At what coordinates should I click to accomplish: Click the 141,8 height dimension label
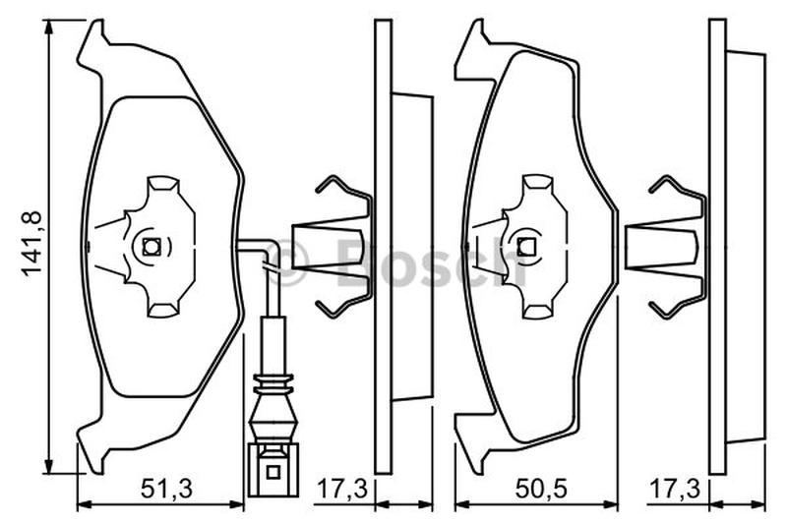(x=32, y=243)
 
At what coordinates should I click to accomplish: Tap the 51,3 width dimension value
(x=166, y=489)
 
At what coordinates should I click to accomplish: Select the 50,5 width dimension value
(x=541, y=489)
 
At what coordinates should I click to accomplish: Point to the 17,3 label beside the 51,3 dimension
(x=342, y=489)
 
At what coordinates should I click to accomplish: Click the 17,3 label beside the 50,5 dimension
(x=675, y=489)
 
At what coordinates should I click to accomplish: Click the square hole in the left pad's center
(x=151, y=247)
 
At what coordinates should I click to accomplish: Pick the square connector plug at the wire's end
(x=272, y=469)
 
